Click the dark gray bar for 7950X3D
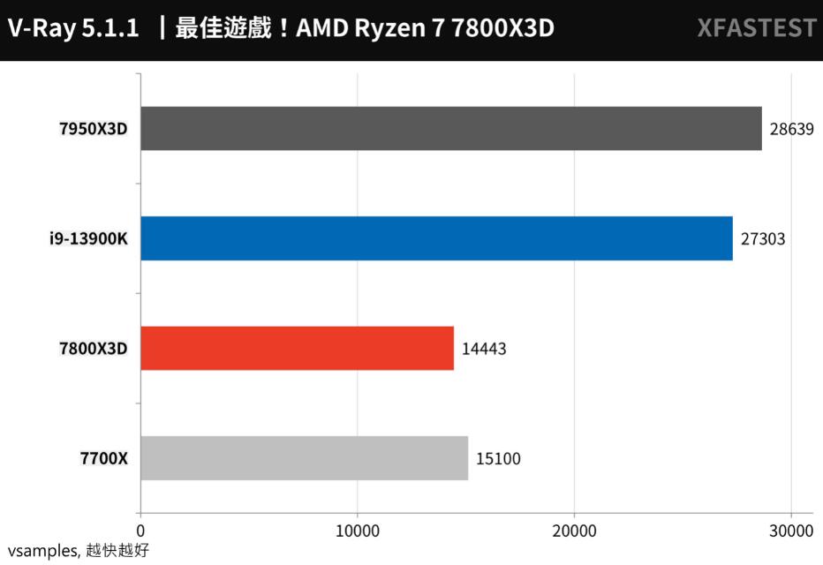(450, 129)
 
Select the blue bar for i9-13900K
(436, 238)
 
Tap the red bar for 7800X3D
(297, 348)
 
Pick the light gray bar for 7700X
(304, 458)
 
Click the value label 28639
(790, 129)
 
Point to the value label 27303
(762, 238)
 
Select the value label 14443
(484, 349)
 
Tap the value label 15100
(498, 458)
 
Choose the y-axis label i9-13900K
(88, 238)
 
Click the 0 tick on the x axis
(140, 531)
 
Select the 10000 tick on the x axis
(357, 531)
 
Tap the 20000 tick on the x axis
(574, 531)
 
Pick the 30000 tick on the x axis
(790, 531)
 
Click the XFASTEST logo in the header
(756, 29)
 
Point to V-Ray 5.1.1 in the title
(72, 29)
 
